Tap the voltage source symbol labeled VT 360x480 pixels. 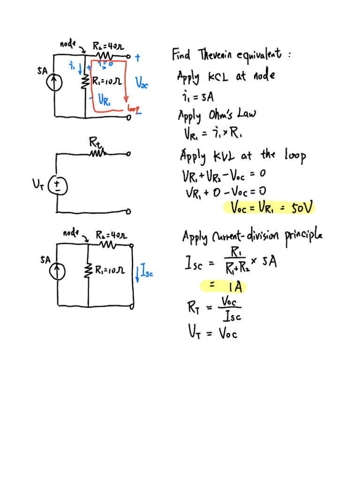click(58, 186)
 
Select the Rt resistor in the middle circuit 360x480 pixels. click(97, 152)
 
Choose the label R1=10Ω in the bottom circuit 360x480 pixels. click(110, 270)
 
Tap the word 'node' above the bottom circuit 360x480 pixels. click(71, 233)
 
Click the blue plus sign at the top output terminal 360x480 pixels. click(137, 58)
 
